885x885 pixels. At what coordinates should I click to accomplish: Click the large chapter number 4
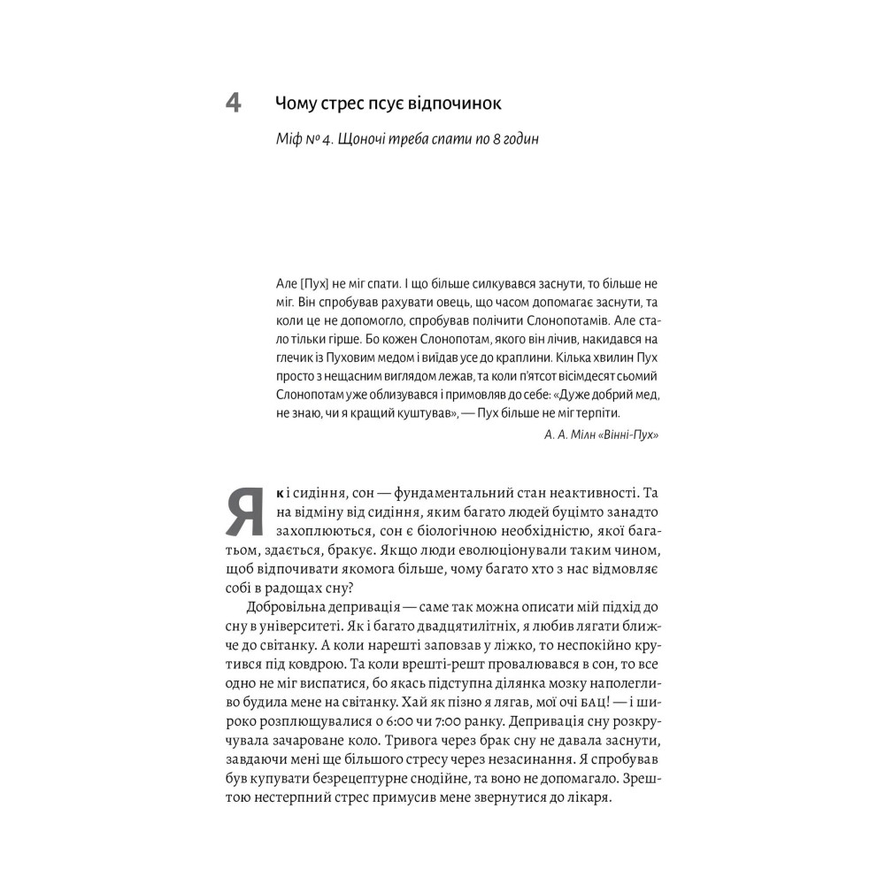click(x=234, y=104)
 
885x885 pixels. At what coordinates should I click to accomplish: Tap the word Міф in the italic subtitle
click(x=289, y=141)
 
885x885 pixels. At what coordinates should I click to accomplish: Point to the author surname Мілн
click(x=580, y=435)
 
